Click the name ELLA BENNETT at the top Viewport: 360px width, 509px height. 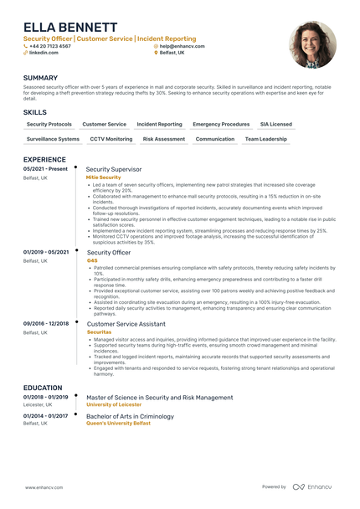70,28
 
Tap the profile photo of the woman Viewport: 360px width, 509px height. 312,44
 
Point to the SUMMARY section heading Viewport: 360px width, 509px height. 41,78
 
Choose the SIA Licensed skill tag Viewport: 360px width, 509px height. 276,124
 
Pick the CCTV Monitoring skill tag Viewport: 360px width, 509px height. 111,139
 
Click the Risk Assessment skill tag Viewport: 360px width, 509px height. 164,139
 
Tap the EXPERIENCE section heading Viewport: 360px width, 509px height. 44,159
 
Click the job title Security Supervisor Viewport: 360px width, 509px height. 114,169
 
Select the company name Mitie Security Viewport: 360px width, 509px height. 104,177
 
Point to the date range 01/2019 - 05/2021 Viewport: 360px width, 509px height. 46,252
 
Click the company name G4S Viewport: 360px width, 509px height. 92,260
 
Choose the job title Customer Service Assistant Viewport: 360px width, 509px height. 126,323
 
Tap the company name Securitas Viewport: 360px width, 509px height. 99,332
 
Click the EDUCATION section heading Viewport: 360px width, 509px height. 43,388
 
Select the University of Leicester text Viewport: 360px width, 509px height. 114,404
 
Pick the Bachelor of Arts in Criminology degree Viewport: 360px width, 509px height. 131,416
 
